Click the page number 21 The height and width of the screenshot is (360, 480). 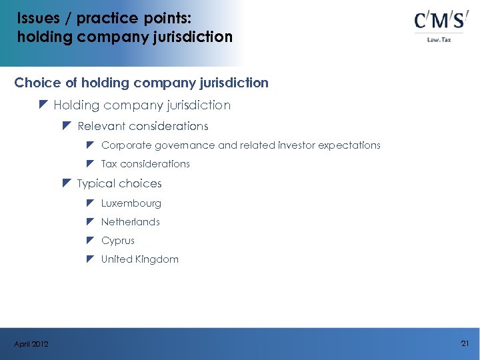pyautogui.click(x=465, y=343)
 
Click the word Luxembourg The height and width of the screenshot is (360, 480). pyautogui.click(x=131, y=203)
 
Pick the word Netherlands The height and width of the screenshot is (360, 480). pyautogui.click(x=130, y=222)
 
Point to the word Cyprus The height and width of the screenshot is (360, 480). pyautogui.click(x=117, y=241)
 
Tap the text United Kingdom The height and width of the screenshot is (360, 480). pyautogui.click(x=139, y=259)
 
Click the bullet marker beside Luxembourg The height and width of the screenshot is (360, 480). pyautogui.click(x=90, y=203)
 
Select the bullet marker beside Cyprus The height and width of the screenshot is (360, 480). pyautogui.click(x=90, y=240)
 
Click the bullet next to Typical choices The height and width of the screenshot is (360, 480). pyautogui.click(x=66, y=183)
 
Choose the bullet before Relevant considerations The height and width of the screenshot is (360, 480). pyautogui.click(x=66, y=125)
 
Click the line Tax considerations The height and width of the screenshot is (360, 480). pyautogui.click(x=145, y=164)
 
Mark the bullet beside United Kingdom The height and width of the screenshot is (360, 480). pyautogui.click(x=90, y=259)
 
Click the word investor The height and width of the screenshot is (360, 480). pyautogui.click(x=297, y=145)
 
